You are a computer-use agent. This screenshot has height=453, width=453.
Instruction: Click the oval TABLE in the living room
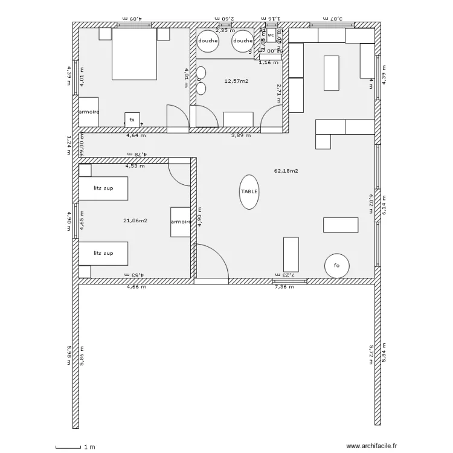[x=249, y=191]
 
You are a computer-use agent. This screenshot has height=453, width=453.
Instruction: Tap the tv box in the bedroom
[x=132, y=120]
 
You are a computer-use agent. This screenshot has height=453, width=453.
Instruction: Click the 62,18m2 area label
[x=286, y=171]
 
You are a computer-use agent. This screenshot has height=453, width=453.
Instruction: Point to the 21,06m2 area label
[x=135, y=220]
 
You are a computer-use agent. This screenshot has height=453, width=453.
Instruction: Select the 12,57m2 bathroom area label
[x=236, y=80]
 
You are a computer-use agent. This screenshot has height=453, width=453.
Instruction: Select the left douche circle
[x=208, y=40]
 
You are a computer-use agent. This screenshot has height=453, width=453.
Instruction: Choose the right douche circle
[x=243, y=40]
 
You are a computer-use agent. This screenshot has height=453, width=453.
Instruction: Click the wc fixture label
[x=270, y=36]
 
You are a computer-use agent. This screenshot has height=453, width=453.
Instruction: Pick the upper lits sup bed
[x=103, y=188]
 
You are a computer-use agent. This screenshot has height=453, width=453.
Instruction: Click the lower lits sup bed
[x=103, y=253]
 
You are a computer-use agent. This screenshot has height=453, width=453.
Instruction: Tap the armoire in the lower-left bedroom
[x=181, y=222]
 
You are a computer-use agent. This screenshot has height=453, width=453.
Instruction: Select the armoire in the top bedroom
[x=89, y=112]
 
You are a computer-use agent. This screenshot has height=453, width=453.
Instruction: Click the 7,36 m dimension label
[x=284, y=287]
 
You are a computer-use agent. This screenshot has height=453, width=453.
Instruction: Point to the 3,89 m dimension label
[x=241, y=135]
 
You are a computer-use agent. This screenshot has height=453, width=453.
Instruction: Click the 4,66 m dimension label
[x=136, y=287]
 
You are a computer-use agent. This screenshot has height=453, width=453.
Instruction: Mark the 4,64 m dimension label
[x=135, y=135]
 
